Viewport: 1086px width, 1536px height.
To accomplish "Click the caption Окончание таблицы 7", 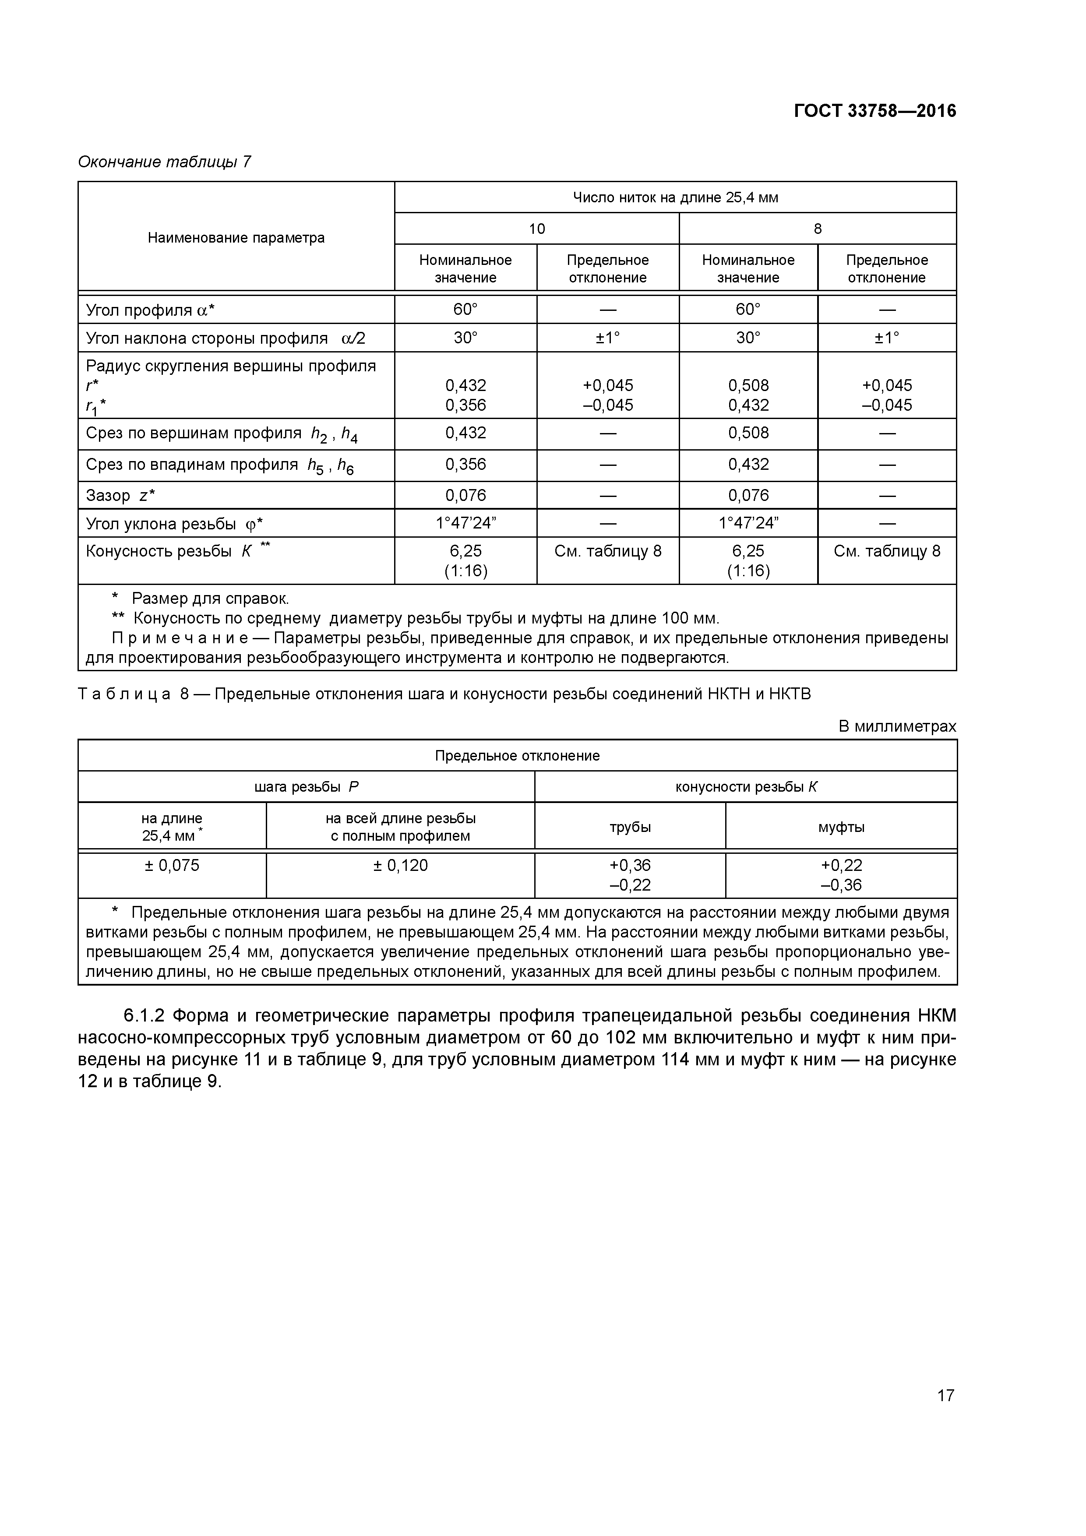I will tap(165, 162).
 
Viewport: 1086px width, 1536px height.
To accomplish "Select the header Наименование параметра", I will tap(236, 237).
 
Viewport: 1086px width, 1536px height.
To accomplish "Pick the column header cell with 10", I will tap(536, 229).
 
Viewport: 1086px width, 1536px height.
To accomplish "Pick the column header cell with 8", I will tap(817, 229).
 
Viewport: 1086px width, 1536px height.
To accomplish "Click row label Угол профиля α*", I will tap(150, 310).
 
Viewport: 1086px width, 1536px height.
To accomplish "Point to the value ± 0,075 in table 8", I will tap(172, 866).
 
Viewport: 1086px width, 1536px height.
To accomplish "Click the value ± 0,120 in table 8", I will tap(400, 866).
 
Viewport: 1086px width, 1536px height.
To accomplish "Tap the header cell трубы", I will tap(630, 827).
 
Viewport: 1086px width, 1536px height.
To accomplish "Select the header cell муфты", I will tap(841, 827).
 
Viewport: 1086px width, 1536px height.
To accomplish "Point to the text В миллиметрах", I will tap(897, 726).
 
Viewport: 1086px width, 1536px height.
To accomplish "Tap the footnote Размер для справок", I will tap(209, 598).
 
